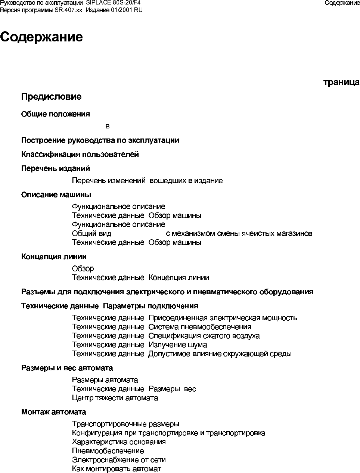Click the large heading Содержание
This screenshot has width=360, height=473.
[41, 37]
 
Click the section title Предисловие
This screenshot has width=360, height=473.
[51, 97]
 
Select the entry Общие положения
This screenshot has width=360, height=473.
[55, 114]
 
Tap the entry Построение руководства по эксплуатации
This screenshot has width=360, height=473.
[100, 140]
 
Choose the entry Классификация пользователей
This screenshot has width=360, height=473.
[80, 154]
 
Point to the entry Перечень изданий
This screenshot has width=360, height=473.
[55, 168]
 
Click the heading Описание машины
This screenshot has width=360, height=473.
[56, 195]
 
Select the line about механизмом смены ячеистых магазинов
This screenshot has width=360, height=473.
[239, 234]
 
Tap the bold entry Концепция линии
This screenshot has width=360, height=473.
[54, 256]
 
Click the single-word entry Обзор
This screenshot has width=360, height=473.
[83, 268]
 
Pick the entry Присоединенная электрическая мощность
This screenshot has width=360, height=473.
[223, 318]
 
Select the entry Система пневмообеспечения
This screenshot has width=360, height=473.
[200, 327]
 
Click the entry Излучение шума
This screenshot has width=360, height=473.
[178, 345]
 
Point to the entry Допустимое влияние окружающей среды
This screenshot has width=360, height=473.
[220, 354]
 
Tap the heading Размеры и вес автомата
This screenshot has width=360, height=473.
[67, 368]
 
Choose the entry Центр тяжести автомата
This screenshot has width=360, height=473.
[115, 398]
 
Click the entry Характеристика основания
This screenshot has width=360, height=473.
[119, 442]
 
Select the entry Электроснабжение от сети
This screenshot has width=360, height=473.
[119, 460]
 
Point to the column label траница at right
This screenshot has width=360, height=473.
[341, 83]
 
